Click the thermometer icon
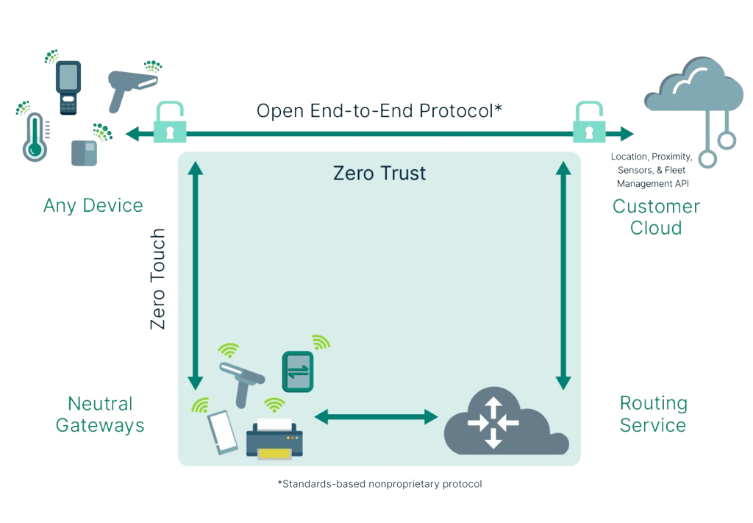(34, 136)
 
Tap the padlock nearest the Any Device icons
(169, 124)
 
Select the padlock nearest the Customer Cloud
(588, 124)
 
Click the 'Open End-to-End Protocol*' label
(379, 111)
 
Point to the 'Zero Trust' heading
(379, 174)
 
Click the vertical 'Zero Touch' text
(158, 279)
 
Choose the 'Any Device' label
(93, 205)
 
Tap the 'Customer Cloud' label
(655, 217)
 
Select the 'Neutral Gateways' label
(100, 414)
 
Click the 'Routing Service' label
(653, 414)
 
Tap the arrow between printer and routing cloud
(376, 417)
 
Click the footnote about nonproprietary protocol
(379, 484)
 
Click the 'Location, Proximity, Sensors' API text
(652, 170)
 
